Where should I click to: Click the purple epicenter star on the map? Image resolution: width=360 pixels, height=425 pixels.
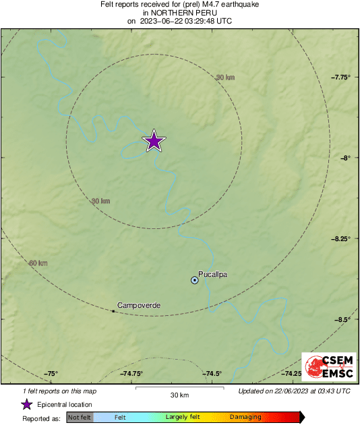click(154, 141)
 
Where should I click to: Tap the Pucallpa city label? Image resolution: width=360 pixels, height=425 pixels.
click(212, 274)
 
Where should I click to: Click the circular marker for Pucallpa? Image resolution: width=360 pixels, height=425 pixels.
click(195, 280)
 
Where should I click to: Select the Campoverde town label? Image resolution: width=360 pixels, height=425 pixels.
click(139, 306)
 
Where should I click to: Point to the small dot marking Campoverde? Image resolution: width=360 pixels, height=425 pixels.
click(113, 310)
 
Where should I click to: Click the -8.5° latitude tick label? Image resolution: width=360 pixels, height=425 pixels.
click(343, 319)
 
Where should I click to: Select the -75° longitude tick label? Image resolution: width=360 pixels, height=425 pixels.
click(52, 374)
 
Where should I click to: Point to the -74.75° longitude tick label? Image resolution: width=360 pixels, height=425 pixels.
click(132, 374)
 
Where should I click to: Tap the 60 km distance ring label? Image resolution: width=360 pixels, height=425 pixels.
click(38, 263)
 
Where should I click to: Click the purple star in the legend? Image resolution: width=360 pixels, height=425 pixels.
click(26, 405)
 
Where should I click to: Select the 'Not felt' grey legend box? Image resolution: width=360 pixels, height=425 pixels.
click(80, 418)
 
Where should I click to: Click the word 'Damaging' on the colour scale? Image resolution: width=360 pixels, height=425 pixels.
click(245, 418)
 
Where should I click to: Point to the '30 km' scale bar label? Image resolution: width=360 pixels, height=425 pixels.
click(179, 395)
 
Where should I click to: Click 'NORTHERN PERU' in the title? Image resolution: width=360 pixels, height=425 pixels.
click(179, 12)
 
